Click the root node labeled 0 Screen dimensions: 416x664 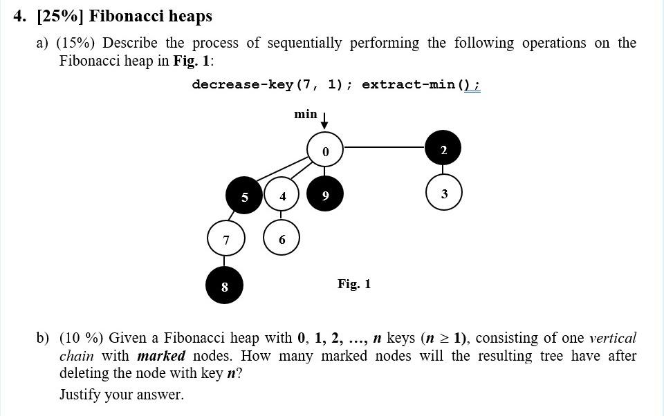point(325,149)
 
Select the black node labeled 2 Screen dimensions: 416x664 point(443,149)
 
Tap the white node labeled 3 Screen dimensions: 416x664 point(443,193)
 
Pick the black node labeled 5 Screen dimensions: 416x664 point(245,196)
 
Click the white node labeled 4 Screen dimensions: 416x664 point(282,196)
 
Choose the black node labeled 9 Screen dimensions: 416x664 point(325,196)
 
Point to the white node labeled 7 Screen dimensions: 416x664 point(225,239)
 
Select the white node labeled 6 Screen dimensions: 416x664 point(282,239)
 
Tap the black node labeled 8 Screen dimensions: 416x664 point(225,285)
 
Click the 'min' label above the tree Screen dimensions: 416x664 point(305,113)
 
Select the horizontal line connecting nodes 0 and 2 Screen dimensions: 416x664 point(385,146)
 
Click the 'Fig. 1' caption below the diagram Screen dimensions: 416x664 point(354,283)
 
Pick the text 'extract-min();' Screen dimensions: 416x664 point(421,84)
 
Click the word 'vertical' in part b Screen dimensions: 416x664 point(612,338)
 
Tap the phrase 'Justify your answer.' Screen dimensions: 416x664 point(122,395)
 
